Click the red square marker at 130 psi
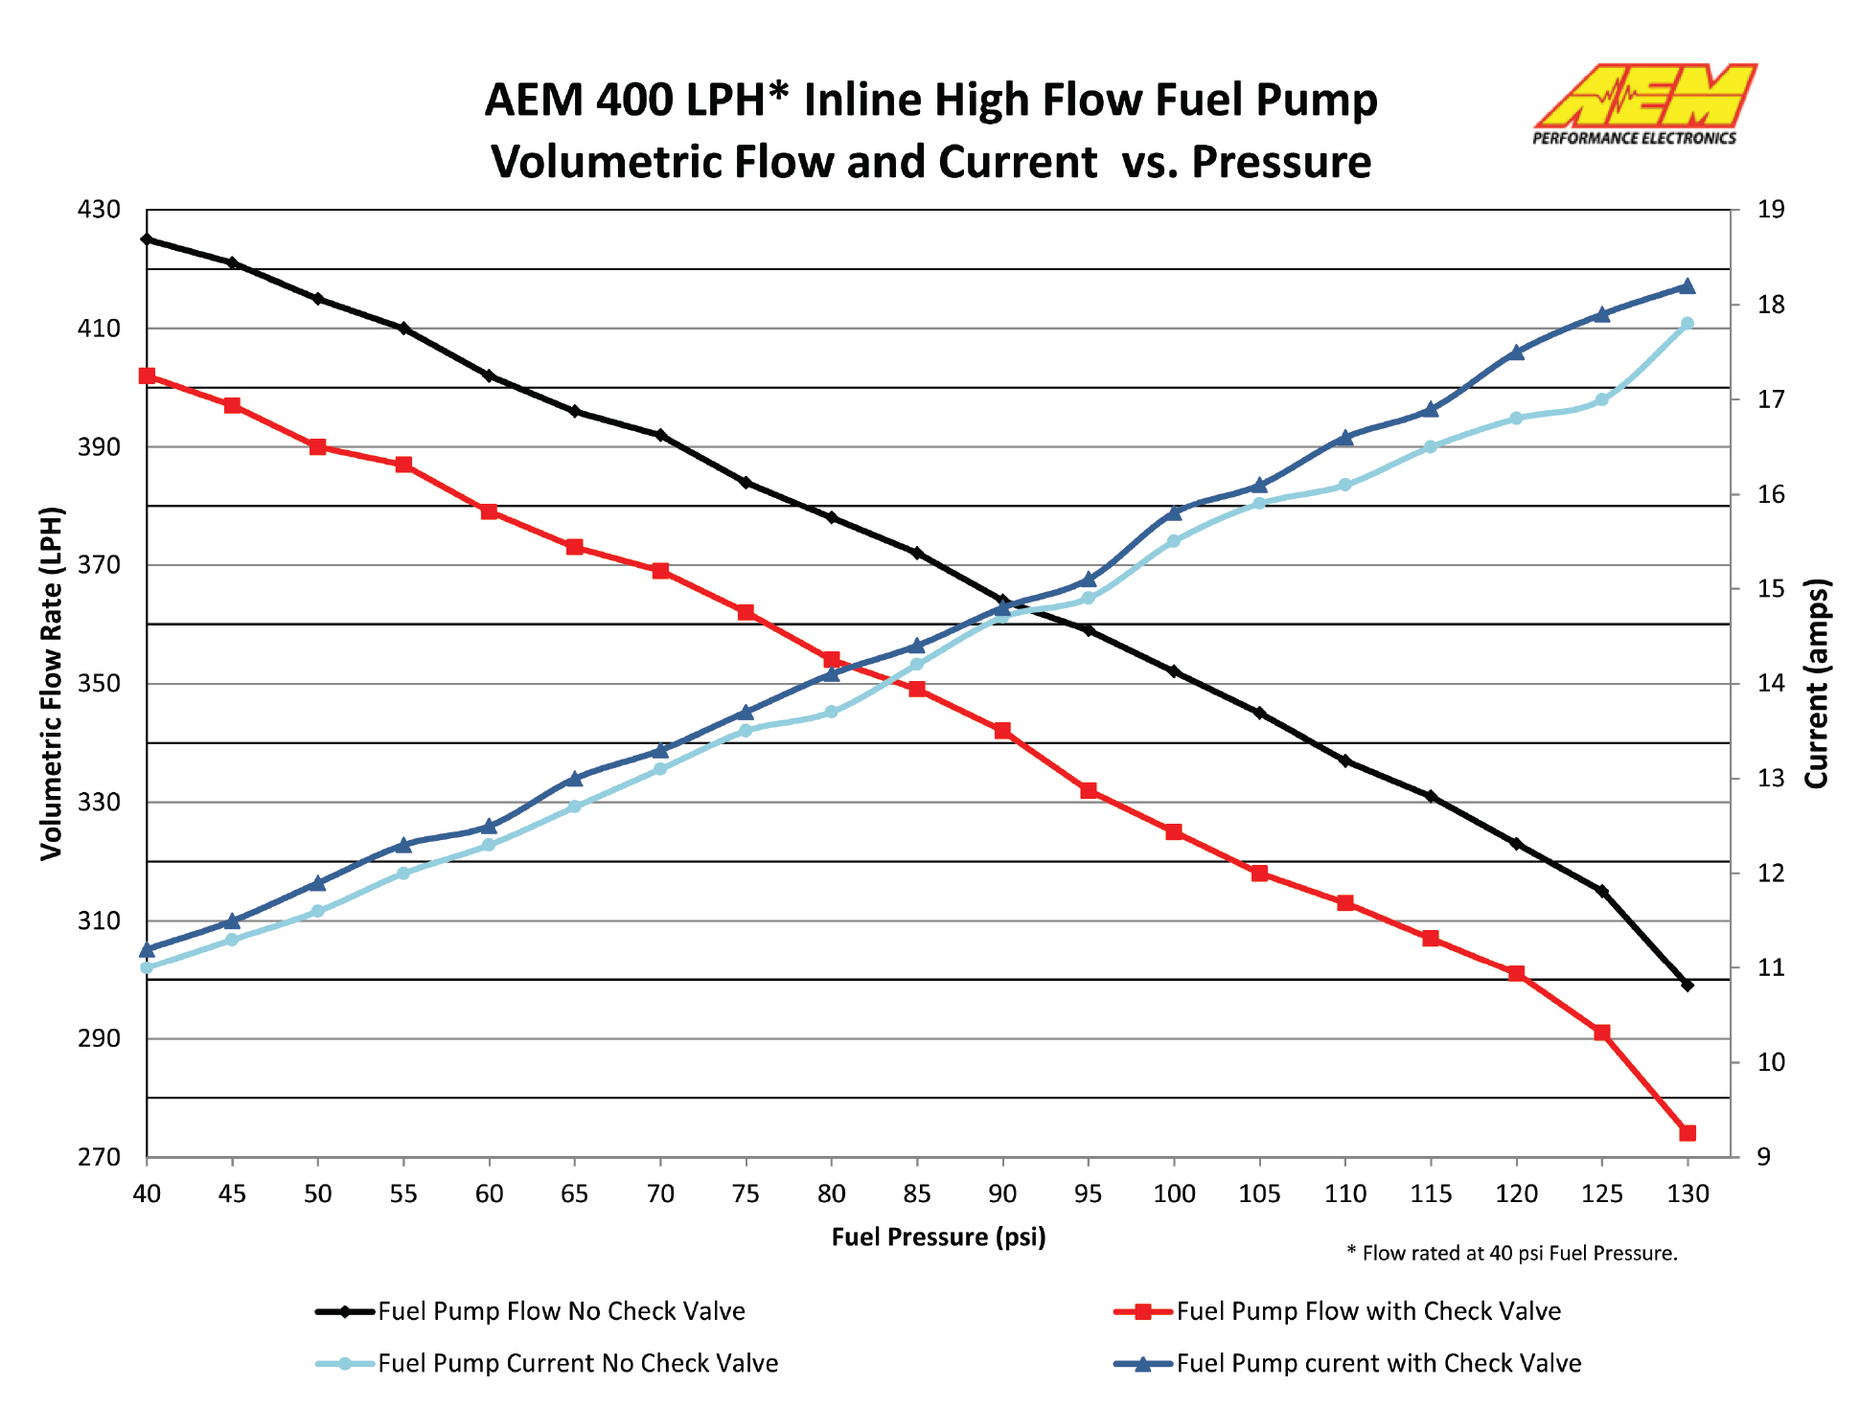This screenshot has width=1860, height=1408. click(1688, 1133)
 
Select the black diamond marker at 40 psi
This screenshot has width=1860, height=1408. click(147, 239)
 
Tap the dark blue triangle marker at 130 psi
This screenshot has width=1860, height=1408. click(1688, 286)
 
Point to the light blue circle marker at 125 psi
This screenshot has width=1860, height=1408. click(1601, 399)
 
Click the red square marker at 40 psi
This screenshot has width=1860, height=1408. click(147, 376)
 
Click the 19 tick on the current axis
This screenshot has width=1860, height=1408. click(1770, 210)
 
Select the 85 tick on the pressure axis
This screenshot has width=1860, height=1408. click(917, 1193)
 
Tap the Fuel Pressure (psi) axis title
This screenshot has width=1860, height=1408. click(938, 1237)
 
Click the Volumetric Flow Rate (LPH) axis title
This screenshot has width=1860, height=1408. click(51, 683)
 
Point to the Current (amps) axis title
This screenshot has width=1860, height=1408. click(1816, 683)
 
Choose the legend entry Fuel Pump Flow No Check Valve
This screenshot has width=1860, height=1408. click(561, 1311)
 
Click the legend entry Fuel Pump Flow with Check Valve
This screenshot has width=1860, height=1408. click(1367, 1311)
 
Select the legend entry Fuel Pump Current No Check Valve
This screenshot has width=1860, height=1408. click(577, 1363)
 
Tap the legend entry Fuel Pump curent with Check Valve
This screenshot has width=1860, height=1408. click(1378, 1363)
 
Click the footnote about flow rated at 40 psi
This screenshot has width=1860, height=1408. click(1511, 1253)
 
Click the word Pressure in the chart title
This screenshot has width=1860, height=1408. click(1281, 162)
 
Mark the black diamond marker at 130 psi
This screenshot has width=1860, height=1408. click(1688, 985)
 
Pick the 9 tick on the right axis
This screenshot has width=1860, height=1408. click(1763, 1157)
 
